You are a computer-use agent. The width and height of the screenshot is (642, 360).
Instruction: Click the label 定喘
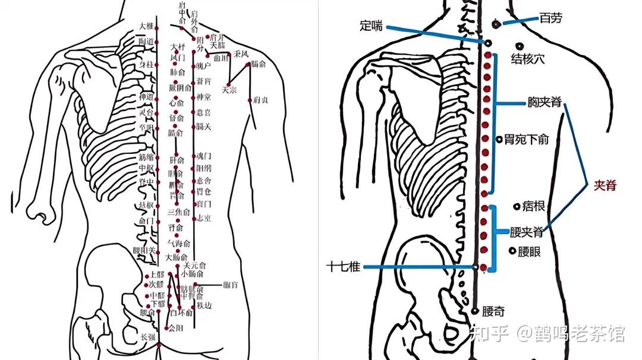372,26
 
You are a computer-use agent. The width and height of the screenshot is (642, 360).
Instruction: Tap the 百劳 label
550,18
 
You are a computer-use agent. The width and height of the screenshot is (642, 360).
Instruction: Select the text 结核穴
528,59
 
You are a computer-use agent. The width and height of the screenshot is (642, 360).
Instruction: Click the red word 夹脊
605,185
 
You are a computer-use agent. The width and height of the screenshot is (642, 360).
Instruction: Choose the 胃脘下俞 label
526,139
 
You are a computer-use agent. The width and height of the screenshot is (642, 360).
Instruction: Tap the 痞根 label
533,207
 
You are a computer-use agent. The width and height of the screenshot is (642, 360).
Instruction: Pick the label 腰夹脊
527,231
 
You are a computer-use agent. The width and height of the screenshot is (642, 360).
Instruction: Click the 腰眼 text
529,252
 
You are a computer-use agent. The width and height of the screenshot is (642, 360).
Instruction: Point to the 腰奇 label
493,311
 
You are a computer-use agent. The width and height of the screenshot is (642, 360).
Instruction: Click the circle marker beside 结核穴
520,46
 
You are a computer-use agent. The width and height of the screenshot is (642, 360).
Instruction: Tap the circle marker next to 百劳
496,24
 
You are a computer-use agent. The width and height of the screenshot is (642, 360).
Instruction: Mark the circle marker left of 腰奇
475,310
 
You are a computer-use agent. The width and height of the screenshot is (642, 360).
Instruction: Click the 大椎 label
146,26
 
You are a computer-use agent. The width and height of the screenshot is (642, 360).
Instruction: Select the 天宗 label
229,91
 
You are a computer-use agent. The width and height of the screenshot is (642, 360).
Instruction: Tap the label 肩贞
260,100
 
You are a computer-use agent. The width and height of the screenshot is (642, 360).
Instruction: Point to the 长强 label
147,337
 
